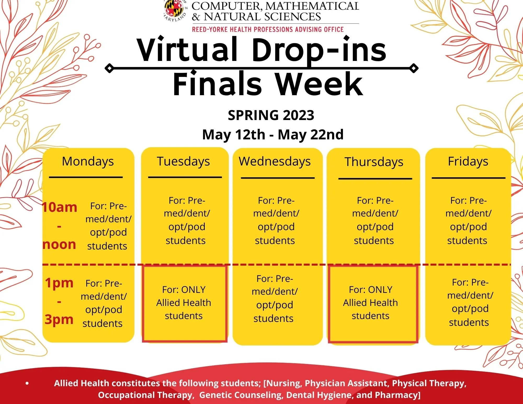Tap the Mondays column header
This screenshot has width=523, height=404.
tap(88, 161)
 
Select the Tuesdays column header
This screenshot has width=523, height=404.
tap(183, 161)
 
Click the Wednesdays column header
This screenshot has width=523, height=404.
tap(275, 161)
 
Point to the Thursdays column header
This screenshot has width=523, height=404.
tap(374, 162)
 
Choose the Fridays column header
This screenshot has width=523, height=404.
tap(468, 161)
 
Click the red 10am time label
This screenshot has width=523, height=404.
tap(60, 207)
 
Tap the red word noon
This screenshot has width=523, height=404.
tap(59, 244)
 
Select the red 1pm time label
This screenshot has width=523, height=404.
tap(59, 283)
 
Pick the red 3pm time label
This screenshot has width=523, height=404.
tap(59, 320)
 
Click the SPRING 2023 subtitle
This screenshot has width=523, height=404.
tap(271, 115)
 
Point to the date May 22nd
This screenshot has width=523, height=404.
tap(311, 135)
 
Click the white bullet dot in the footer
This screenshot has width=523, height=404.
tap(27, 384)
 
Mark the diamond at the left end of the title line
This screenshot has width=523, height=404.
tap(109, 68)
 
